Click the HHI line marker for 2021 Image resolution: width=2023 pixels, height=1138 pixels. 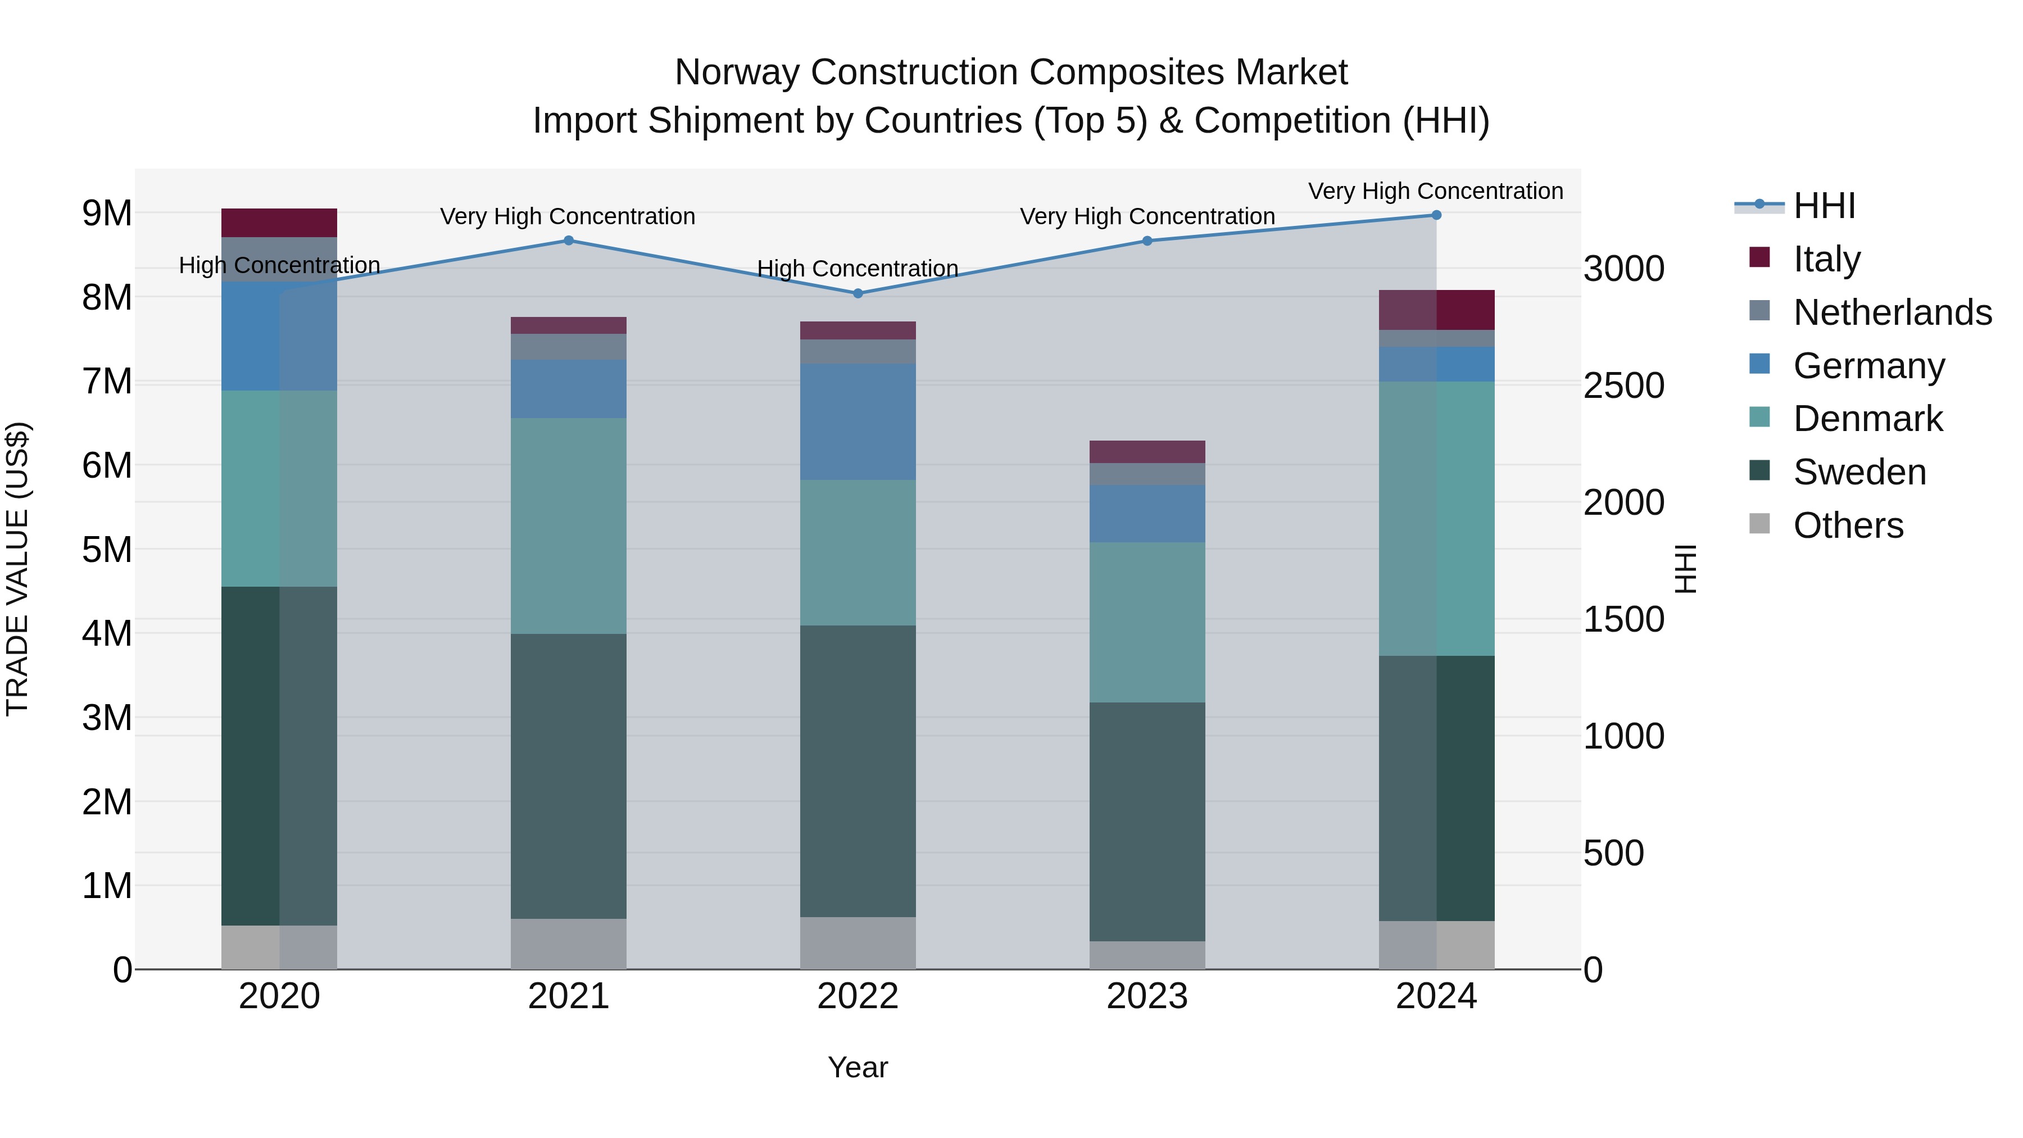click(569, 241)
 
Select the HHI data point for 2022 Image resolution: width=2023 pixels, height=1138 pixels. click(858, 293)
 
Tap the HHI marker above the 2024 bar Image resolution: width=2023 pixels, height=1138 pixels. click(1436, 215)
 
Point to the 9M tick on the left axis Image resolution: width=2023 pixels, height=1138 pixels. click(107, 213)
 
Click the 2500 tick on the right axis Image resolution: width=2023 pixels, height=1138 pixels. click(1623, 385)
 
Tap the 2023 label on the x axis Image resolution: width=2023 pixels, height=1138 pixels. click(1146, 996)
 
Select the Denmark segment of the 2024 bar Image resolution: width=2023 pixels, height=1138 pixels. click(1436, 518)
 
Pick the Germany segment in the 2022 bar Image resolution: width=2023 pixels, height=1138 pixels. click(858, 421)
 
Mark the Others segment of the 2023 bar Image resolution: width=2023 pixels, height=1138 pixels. click(1146, 955)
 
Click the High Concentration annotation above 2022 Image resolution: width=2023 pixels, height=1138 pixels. click(858, 269)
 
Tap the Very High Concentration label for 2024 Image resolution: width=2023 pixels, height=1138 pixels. click(1436, 191)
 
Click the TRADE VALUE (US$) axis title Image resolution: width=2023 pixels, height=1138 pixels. click(17, 569)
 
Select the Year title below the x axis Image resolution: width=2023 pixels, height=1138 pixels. click(858, 1067)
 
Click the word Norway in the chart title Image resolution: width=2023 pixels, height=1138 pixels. click(737, 72)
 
